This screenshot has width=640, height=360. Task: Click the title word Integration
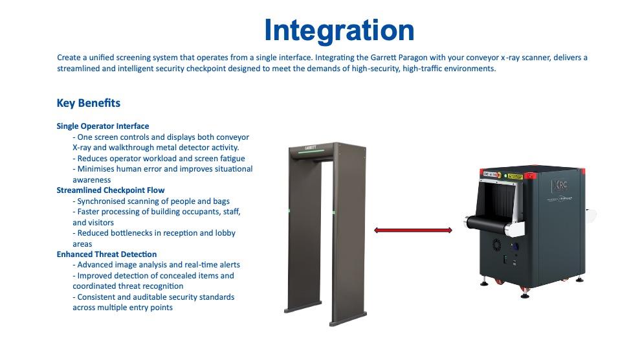click(338, 30)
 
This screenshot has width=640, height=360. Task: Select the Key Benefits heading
click(89, 103)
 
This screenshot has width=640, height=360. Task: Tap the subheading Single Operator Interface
click(103, 126)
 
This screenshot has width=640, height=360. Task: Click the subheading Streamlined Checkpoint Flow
click(111, 190)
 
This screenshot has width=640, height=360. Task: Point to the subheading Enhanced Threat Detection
click(107, 254)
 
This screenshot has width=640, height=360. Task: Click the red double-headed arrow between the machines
click(413, 231)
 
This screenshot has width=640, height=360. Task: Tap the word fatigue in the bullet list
click(230, 159)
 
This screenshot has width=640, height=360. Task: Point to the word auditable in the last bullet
click(150, 297)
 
